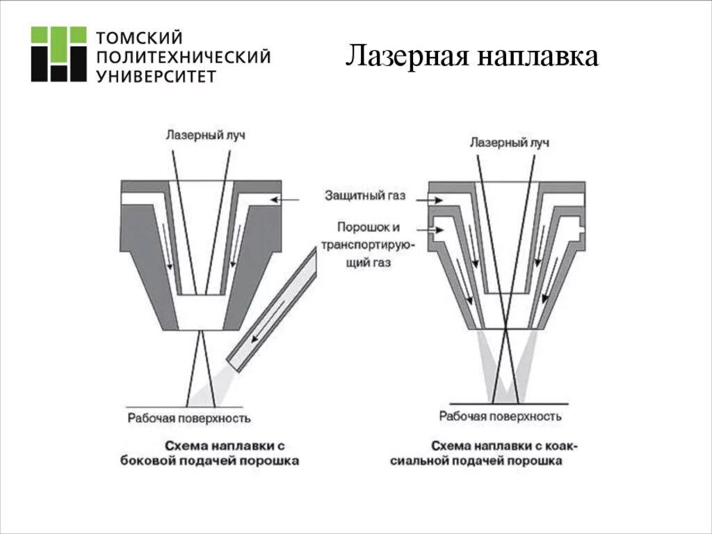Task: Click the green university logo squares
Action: tap(58, 54)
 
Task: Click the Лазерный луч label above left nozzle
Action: tap(205, 134)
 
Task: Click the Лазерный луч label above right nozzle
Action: tap(509, 143)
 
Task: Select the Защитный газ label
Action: tap(364, 195)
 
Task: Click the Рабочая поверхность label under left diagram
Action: tap(189, 418)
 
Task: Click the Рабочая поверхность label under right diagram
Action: tap(500, 416)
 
